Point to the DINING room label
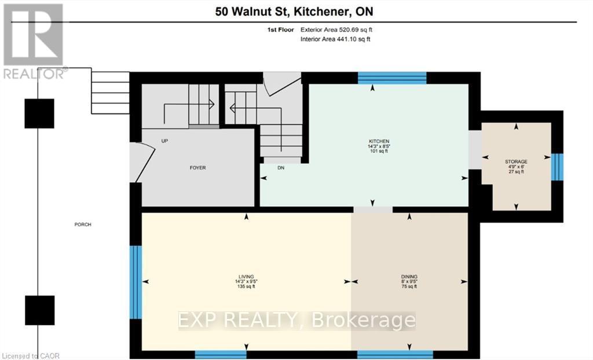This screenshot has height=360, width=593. pos(409,277)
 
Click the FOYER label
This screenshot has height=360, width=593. pos(197,168)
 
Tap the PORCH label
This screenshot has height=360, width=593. pos(83,225)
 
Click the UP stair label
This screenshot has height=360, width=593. pos(164,141)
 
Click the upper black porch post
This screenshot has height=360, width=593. pos(39,113)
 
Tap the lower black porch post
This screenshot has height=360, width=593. pos(39,310)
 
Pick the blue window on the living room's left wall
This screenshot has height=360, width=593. pos(136,282)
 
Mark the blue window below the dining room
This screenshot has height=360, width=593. pos(395,354)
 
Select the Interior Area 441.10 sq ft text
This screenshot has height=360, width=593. pos(335,39)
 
